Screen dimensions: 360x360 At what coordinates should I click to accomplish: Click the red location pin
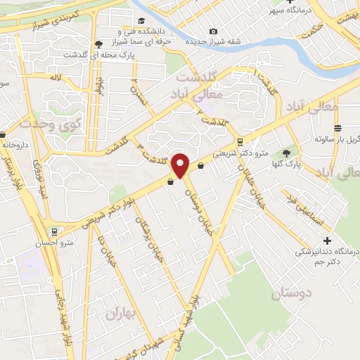point(181,165)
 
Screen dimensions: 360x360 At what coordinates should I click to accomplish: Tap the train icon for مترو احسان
point(54,232)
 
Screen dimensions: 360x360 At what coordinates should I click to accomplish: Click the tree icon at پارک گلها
point(285,153)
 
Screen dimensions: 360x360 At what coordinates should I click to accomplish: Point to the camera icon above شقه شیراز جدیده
point(213,31)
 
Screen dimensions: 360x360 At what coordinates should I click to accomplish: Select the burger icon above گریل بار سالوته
point(338,128)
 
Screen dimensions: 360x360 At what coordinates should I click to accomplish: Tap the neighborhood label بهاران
point(119,313)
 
